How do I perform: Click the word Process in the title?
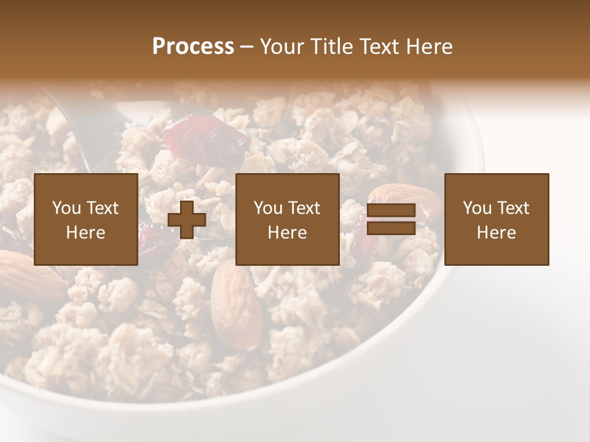pos(193,47)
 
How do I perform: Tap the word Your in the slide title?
pos(283,47)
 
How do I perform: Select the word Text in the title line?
pos(380,47)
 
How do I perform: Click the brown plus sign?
pos(187,220)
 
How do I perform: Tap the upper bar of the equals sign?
pos(391,211)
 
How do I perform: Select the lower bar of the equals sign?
pos(391,228)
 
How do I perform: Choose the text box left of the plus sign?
pos(86,219)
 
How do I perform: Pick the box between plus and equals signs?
pos(288,219)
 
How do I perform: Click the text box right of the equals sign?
pos(497,219)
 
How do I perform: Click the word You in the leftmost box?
pos(66,208)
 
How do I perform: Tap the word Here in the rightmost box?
pos(496,232)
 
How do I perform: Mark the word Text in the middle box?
pos(304,208)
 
